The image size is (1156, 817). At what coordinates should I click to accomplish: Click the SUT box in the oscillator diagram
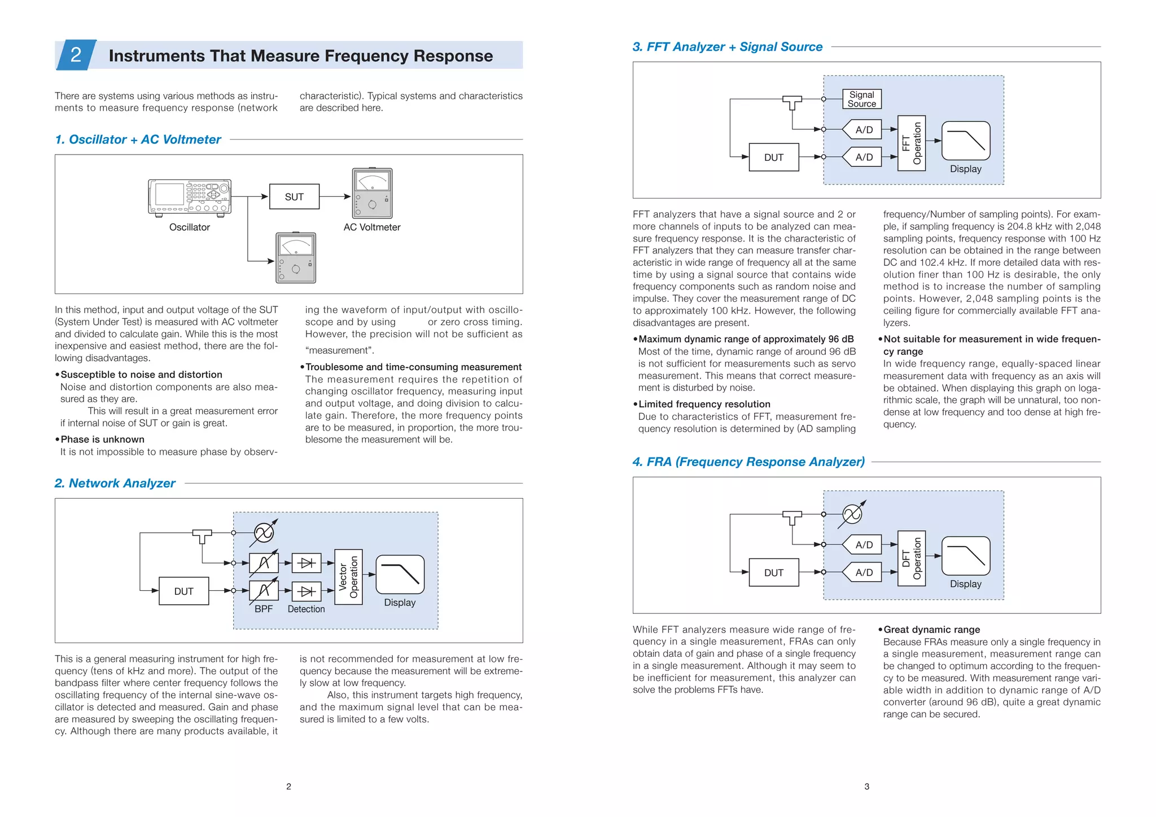point(294,197)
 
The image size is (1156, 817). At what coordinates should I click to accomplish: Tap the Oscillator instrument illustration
point(190,197)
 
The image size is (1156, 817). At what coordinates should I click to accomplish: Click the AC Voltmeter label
point(372,227)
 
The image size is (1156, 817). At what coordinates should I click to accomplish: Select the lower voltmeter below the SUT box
point(296,258)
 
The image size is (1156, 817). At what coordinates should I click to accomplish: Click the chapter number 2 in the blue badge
point(76,55)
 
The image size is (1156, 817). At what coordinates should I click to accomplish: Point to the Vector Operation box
point(348,577)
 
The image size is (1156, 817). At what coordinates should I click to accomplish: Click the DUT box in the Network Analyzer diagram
point(183,591)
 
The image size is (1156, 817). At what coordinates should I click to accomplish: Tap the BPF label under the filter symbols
point(264,609)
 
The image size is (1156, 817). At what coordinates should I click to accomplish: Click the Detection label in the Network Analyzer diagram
point(306,609)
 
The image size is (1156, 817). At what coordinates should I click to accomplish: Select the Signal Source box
point(861,99)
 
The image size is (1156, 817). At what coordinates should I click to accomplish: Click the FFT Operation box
point(911,143)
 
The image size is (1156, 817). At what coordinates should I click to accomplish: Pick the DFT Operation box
point(911,559)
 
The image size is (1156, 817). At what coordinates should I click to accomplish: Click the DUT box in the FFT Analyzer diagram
point(773,157)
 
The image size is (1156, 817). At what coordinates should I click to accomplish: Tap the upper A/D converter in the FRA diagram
point(862,545)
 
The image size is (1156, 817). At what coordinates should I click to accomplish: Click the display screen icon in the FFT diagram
point(966,140)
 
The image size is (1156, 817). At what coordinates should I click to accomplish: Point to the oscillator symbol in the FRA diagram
point(852,514)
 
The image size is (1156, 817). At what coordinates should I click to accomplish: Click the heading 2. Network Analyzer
point(115,484)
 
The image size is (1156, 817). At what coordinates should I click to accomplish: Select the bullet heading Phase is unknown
point(102,440)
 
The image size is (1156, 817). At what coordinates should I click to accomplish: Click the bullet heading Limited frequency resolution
point(704,405)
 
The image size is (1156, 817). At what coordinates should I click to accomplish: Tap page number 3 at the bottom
point(866,787)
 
